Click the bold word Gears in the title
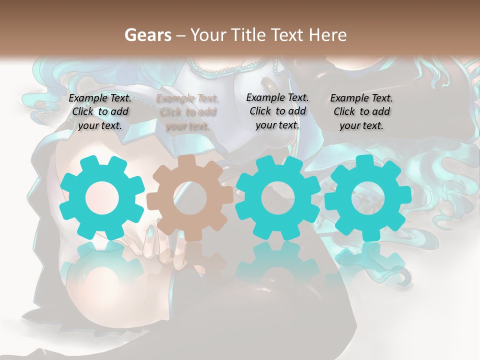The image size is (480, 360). pos(147,35)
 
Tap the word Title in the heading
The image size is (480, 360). pos(249,35)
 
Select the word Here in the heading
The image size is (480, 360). pos(327,35)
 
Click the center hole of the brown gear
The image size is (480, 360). pos(190,198)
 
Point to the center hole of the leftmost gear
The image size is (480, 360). pos(102,197)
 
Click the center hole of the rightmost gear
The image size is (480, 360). pos(368,197)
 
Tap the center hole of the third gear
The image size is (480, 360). pos(278,197)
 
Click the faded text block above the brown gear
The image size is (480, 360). pos(187,112)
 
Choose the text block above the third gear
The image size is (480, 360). pos(277,111)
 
